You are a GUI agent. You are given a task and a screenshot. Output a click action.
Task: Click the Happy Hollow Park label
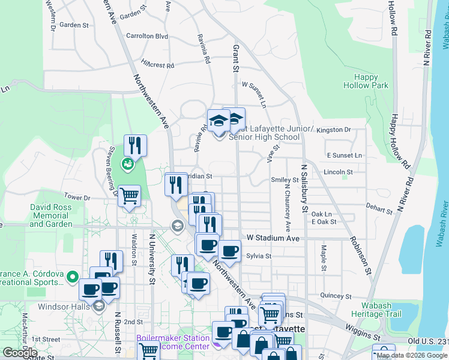point(366,81)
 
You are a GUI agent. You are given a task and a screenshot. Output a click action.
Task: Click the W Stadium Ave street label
point(270,238)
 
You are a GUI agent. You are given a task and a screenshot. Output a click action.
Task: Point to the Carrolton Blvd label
point(146,36)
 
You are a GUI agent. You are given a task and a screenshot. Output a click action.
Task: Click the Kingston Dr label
point(334,130)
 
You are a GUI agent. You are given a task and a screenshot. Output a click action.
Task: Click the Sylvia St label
point(259,256)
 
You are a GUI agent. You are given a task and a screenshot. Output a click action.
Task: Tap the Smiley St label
point(285,179)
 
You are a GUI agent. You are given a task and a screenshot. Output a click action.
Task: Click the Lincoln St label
point(338,172)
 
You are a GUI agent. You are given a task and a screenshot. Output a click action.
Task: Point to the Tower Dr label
point(77,197)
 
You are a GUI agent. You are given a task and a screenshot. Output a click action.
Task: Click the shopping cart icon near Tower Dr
point(129,196)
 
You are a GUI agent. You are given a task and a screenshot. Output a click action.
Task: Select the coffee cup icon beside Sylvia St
point(229,251)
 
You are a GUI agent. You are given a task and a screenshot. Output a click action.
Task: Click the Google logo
point(20,353)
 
